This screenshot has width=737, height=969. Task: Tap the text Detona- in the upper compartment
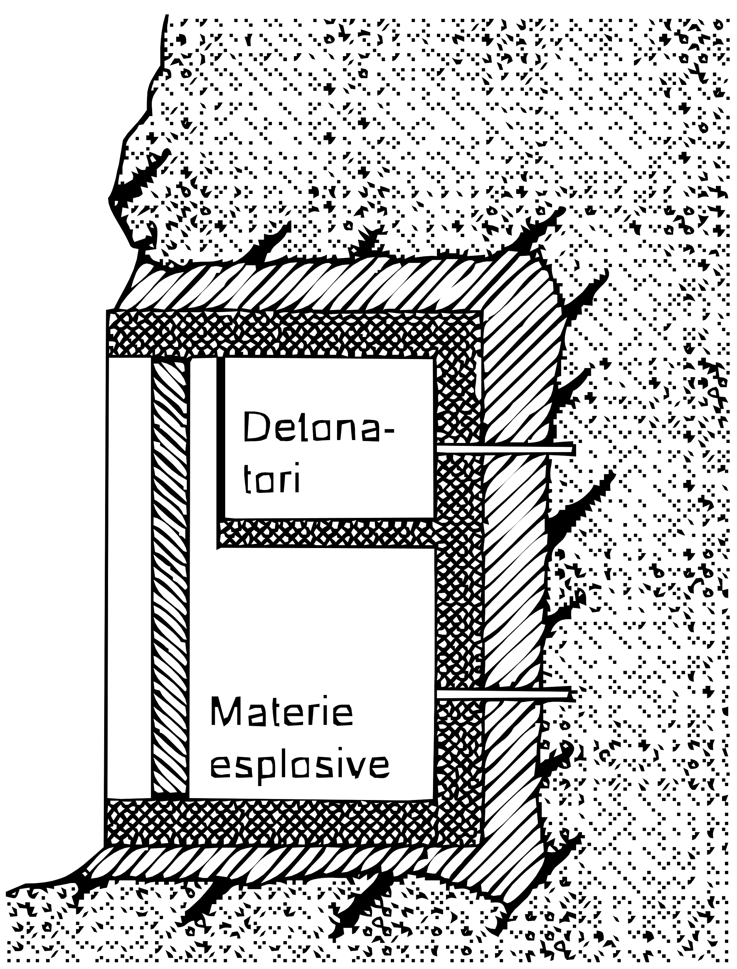pyautogui.click(x=318, y=427)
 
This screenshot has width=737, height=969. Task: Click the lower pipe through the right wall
pyautogui.click(x=504, y=696)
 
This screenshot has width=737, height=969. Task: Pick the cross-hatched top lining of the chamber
pyautogui.click(x=294, y=334)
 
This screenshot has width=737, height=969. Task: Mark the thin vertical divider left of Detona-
pyautogui.click(x=220, y=452)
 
